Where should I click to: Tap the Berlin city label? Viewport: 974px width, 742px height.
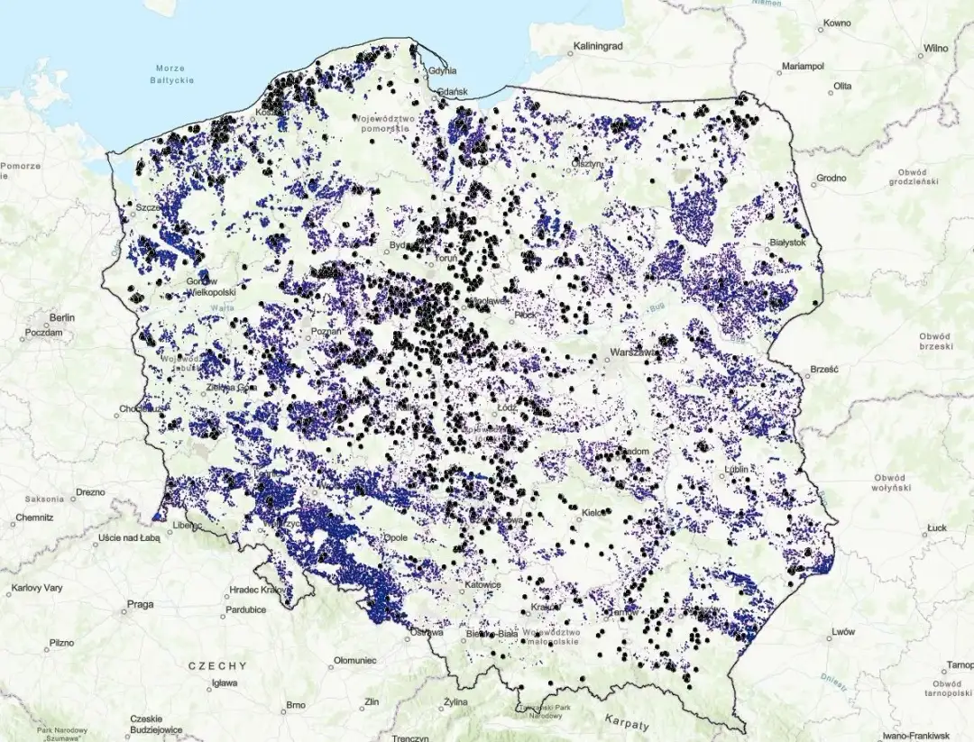(62, 318)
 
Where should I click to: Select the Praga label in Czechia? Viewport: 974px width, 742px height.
(140, 604)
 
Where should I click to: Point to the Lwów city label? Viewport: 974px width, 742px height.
(843, 632)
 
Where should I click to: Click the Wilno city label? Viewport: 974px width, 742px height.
(934, 48)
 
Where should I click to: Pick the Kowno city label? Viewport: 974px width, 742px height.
(837, 23)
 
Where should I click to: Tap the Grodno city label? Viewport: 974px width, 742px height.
(831, 178)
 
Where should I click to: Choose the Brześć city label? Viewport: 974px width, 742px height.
(824, 369)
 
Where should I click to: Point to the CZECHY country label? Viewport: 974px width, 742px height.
(216, 665)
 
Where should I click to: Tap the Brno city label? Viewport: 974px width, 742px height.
(295, 704)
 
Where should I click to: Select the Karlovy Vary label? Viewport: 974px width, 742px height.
(37, 588)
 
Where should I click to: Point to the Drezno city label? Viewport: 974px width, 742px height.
(90, 493)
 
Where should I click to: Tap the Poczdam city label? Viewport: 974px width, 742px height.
(45, 333)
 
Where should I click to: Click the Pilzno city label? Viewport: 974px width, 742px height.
(61, 644)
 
